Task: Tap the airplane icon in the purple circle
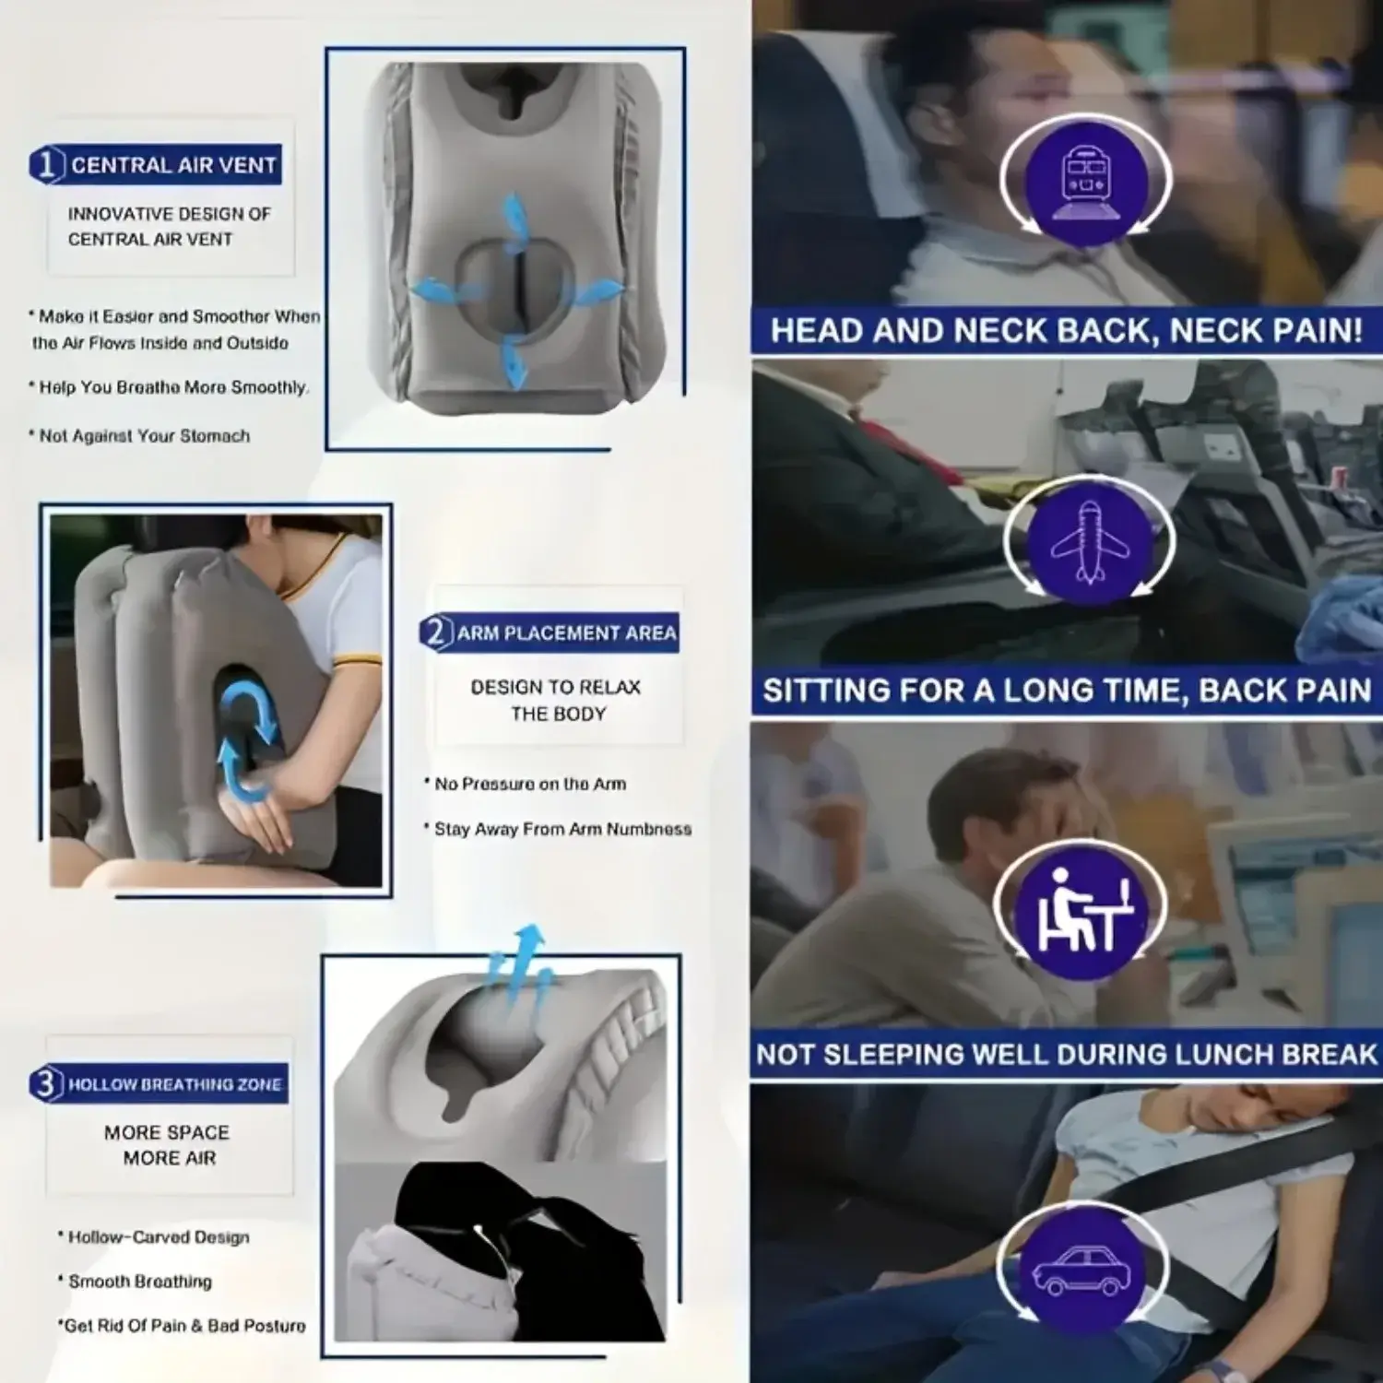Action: [x=1091, y=543]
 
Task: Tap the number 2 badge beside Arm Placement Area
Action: [x=437, y=632]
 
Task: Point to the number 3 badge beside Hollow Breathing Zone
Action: [x=46, y=1083]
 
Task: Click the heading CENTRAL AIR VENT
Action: [x=174, y=165]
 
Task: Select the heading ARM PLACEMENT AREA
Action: [x=567, y=633]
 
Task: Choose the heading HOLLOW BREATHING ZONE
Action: [x=175, y=1084]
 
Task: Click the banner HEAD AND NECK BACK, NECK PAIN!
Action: [x=1067, y=331]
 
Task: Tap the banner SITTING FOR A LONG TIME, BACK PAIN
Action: [x=1067, y=691]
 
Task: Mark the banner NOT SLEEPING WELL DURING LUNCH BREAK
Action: [x=1067, y=1054]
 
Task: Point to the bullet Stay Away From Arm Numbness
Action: [x=558, y=829]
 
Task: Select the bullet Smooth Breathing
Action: [x=136, y=1282]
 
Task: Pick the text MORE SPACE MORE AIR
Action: [x=168, y=1145]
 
